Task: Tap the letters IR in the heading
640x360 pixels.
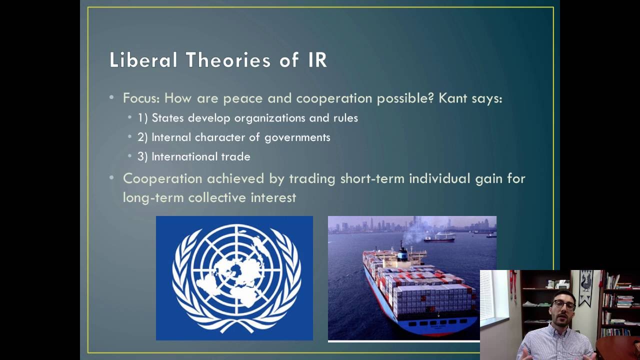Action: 314,60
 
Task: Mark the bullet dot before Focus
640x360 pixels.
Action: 111,98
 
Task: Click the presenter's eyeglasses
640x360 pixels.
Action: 563,304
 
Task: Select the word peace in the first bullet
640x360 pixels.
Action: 243,98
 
